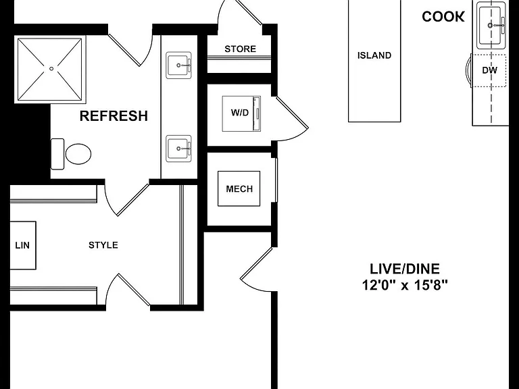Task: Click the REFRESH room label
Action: point(114,116)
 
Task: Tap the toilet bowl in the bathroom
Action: point(78,154)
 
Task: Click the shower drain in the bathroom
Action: point(51,69)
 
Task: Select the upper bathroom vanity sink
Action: point(178,65)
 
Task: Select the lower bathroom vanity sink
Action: point(178,149)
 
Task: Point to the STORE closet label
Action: point(241,49)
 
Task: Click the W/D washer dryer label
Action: point(240,113)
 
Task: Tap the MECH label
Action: point(239,189)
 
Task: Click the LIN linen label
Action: point(22,245)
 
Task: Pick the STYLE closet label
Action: point(103,245)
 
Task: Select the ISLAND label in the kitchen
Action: point(374,55)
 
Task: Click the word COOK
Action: point(443,16)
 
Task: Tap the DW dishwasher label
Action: point(489,70)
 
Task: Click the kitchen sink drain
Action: point(490,25)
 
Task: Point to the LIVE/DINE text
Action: point(405,269)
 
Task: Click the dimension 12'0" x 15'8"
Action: point(405,285)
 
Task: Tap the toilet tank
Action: point(57,154)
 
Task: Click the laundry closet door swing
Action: point(292,119)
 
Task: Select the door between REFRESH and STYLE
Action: point(128,199)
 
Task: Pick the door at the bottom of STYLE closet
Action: point(128,290)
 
